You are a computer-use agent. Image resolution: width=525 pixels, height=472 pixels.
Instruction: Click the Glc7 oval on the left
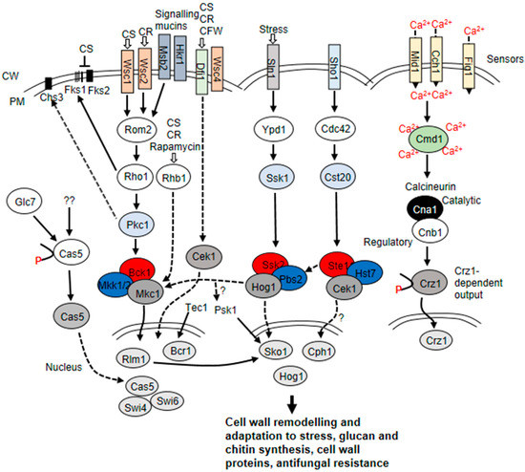(x=24, y=203)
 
